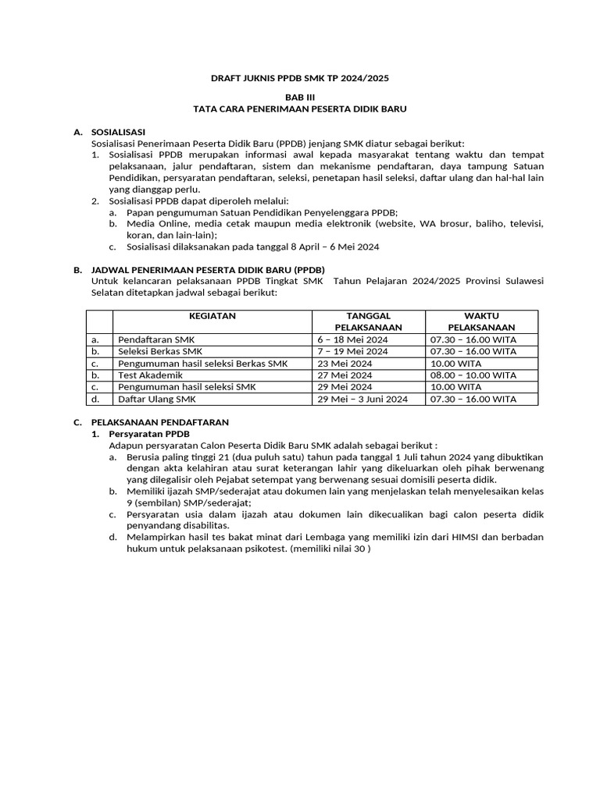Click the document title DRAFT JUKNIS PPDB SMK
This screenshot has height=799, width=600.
click(x=300, y=79)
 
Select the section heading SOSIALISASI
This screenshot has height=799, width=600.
click(x=118, y=133)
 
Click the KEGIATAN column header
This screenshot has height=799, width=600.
click(x=212, y=316)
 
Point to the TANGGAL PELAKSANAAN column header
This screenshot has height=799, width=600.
click(x=368, y=321)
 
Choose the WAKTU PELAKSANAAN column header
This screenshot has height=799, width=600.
click(x=481, y=321)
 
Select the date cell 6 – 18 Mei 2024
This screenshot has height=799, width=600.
click(x=352, y=340)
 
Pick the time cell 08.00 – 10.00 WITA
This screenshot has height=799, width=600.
click(x=473, y=375)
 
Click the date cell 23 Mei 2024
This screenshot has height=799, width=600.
click(x=345, y=364)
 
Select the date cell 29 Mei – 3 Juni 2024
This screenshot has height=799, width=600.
click(x=362, y=399)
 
